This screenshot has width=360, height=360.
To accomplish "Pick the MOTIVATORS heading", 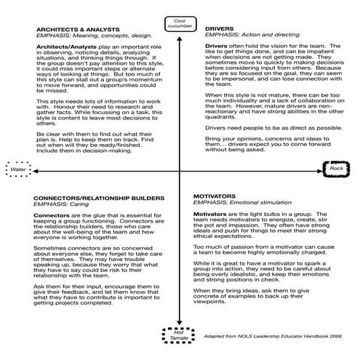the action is (216, 196).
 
